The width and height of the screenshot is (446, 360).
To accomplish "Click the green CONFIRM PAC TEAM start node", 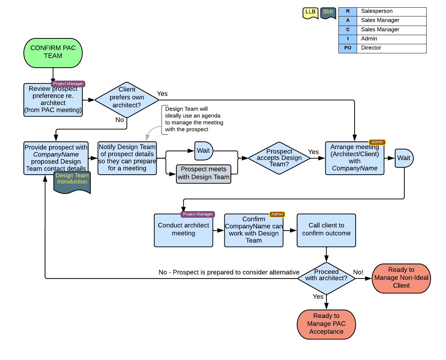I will (53, 53).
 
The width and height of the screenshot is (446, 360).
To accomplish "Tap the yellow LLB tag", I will (310, 13).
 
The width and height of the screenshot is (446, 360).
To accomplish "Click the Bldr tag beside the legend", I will (328, 13).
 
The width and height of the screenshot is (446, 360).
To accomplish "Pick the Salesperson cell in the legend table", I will (391, 11).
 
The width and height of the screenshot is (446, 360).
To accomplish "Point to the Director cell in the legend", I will (391, 48).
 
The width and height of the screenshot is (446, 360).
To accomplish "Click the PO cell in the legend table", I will (348, 48).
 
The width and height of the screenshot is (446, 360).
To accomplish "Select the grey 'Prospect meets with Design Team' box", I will (203, 174).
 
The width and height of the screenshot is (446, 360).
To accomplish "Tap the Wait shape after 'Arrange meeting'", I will (404, 158).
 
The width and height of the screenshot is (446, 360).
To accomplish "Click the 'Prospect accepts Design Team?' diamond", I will (279, 158).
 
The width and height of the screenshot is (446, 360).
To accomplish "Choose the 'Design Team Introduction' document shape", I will (72, 182).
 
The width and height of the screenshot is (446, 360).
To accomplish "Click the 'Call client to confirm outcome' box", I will (326, 230).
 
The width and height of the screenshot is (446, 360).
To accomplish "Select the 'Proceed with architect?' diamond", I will (326, 278).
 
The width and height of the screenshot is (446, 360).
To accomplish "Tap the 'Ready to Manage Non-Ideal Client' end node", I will (401, 278).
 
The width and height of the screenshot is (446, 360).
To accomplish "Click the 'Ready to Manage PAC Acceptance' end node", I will (326, 324).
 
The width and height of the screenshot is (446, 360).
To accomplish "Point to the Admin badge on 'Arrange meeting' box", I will (377, 142).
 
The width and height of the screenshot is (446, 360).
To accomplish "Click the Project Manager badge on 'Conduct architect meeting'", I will (198, 214).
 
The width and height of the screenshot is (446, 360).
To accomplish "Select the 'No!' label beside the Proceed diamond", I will (358, 272).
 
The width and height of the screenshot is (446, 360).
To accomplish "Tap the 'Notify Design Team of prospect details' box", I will (127, 158).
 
